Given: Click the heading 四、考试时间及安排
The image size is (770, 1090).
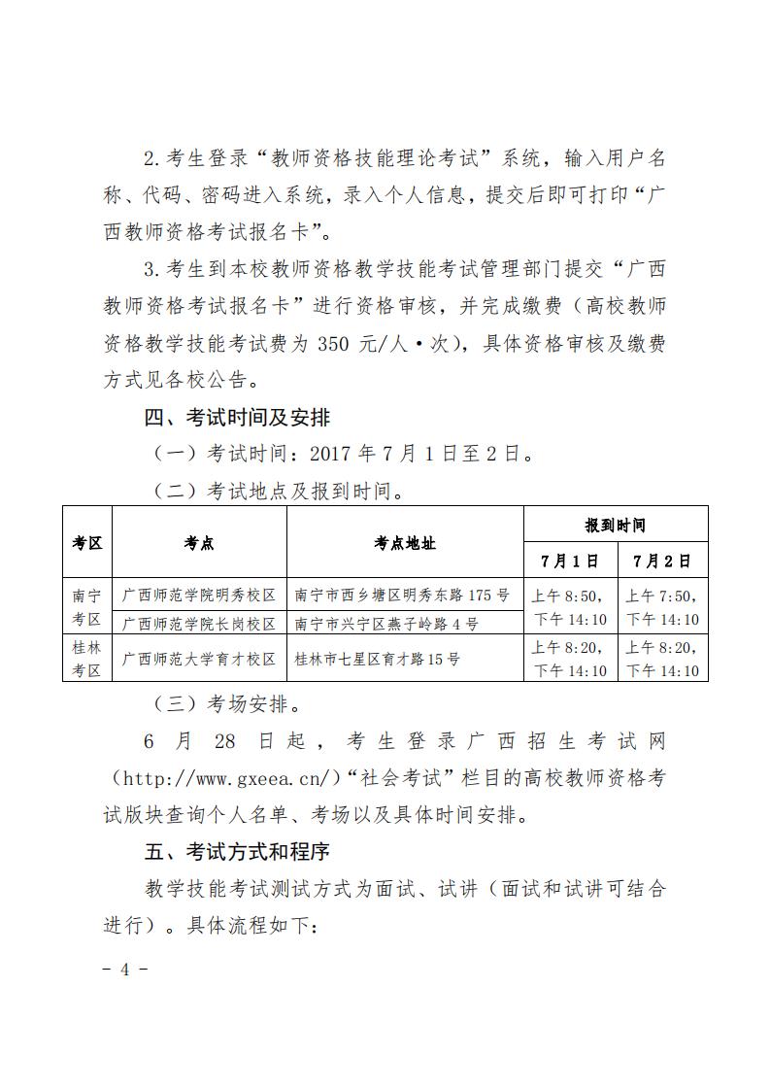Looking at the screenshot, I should [237, 419].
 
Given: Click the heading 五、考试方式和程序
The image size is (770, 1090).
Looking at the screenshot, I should [237, 852].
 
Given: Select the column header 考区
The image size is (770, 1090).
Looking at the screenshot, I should [87, 543].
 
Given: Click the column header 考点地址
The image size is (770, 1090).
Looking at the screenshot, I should [405, 543].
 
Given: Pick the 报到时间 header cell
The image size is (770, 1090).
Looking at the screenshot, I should [615, 526].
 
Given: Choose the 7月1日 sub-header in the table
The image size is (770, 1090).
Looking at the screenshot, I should [570, 561].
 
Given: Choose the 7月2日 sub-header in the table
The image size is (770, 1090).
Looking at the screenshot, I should [662, 561].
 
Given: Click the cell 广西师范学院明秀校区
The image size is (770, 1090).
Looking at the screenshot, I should [199, 594].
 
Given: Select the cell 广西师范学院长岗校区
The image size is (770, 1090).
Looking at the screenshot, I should [199, 623].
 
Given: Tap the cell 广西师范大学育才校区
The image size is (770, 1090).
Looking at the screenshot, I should [199, 658].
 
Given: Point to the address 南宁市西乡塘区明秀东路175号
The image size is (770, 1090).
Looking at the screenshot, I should [402, 594].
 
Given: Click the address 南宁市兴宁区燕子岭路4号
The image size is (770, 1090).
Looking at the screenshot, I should [385, 623].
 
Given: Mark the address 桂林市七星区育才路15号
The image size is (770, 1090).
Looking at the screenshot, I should [377, 658].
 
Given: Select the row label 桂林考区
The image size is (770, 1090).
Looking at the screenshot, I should [87, 658].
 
